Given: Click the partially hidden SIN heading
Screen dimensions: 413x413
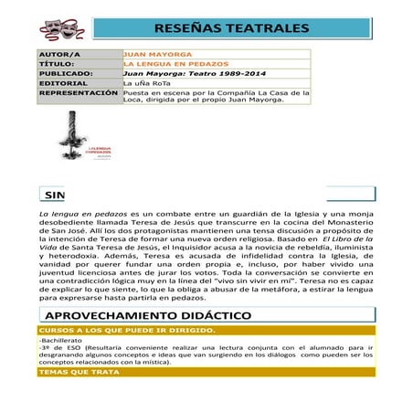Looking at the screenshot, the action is tap(54, 196).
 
